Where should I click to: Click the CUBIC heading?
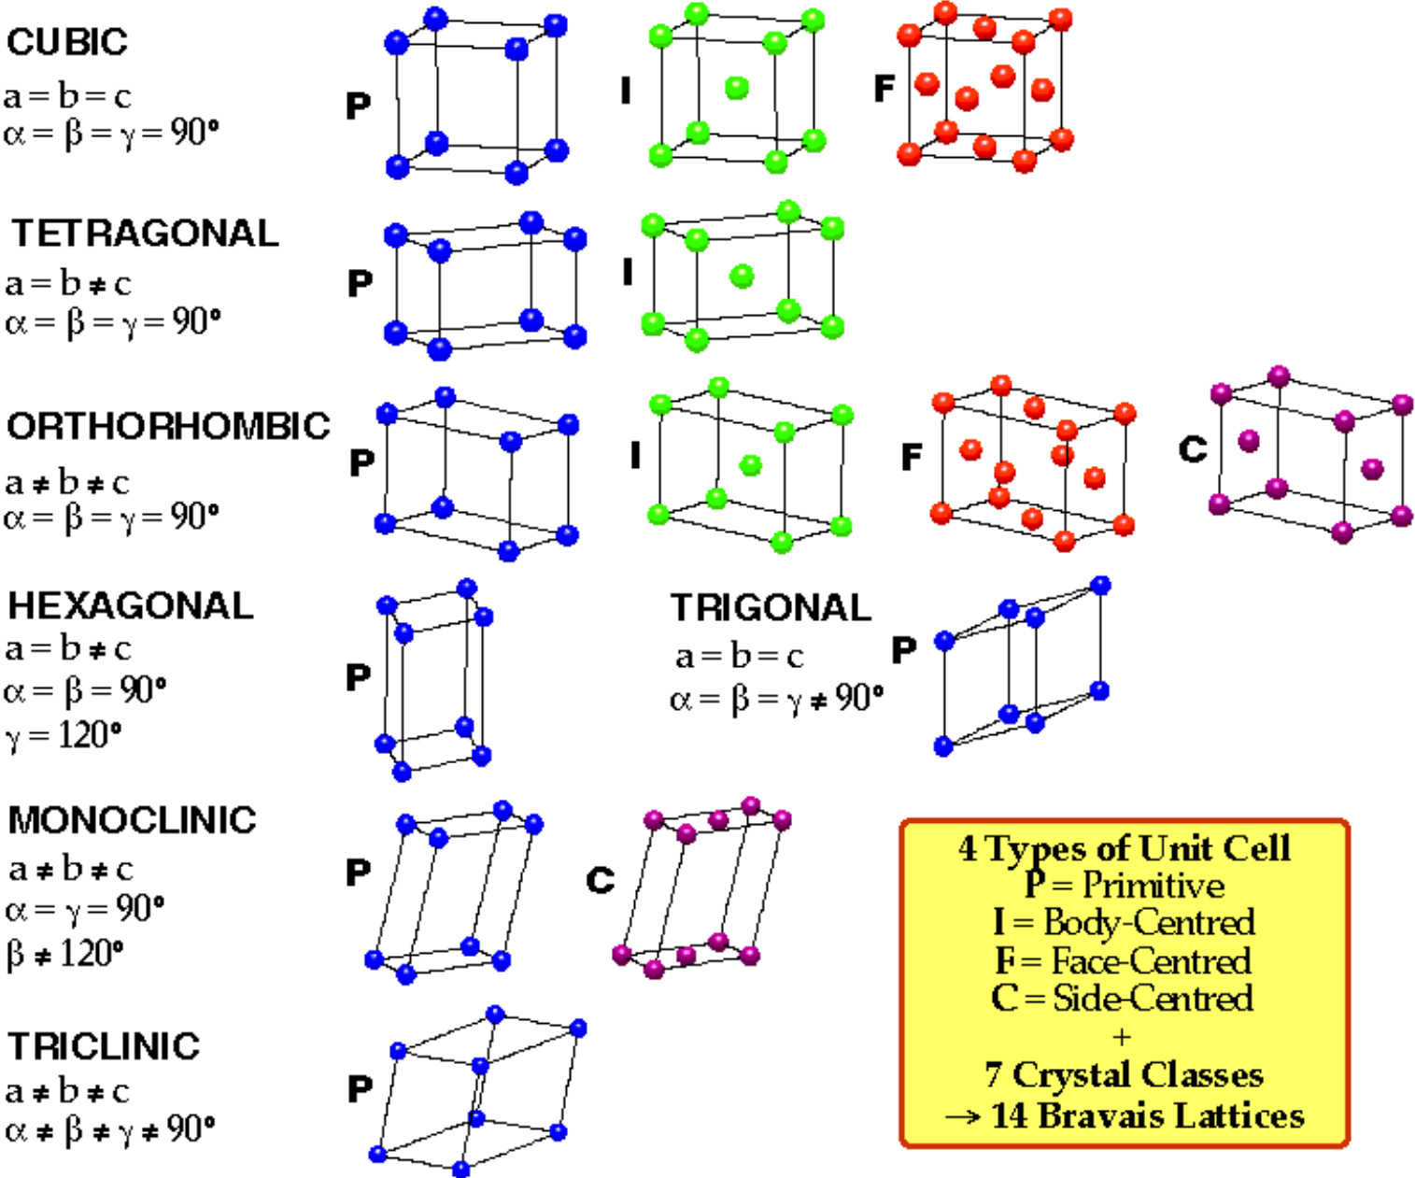[67, 42]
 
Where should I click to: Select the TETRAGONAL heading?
[145, 234]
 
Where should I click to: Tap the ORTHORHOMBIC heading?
[168, 426]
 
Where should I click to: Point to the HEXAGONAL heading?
[130, 606]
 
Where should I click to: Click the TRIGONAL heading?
[771, 607]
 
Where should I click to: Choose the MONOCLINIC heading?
[132, 820]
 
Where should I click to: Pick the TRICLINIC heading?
[104, 1046]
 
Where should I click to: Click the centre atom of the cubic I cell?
[737, 88]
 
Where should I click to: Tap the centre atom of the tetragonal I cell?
[743, 277]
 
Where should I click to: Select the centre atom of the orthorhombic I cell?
[750, 465]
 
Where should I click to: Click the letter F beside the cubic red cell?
[884, 88]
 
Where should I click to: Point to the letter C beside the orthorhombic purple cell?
[1193, 448]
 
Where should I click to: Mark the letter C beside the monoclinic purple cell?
[601, 880]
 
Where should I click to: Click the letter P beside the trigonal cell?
[904, 651]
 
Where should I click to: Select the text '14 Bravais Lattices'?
[1147, 1115]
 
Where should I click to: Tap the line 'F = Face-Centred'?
[1124, 960]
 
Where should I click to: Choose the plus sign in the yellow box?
[1123, 1037]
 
